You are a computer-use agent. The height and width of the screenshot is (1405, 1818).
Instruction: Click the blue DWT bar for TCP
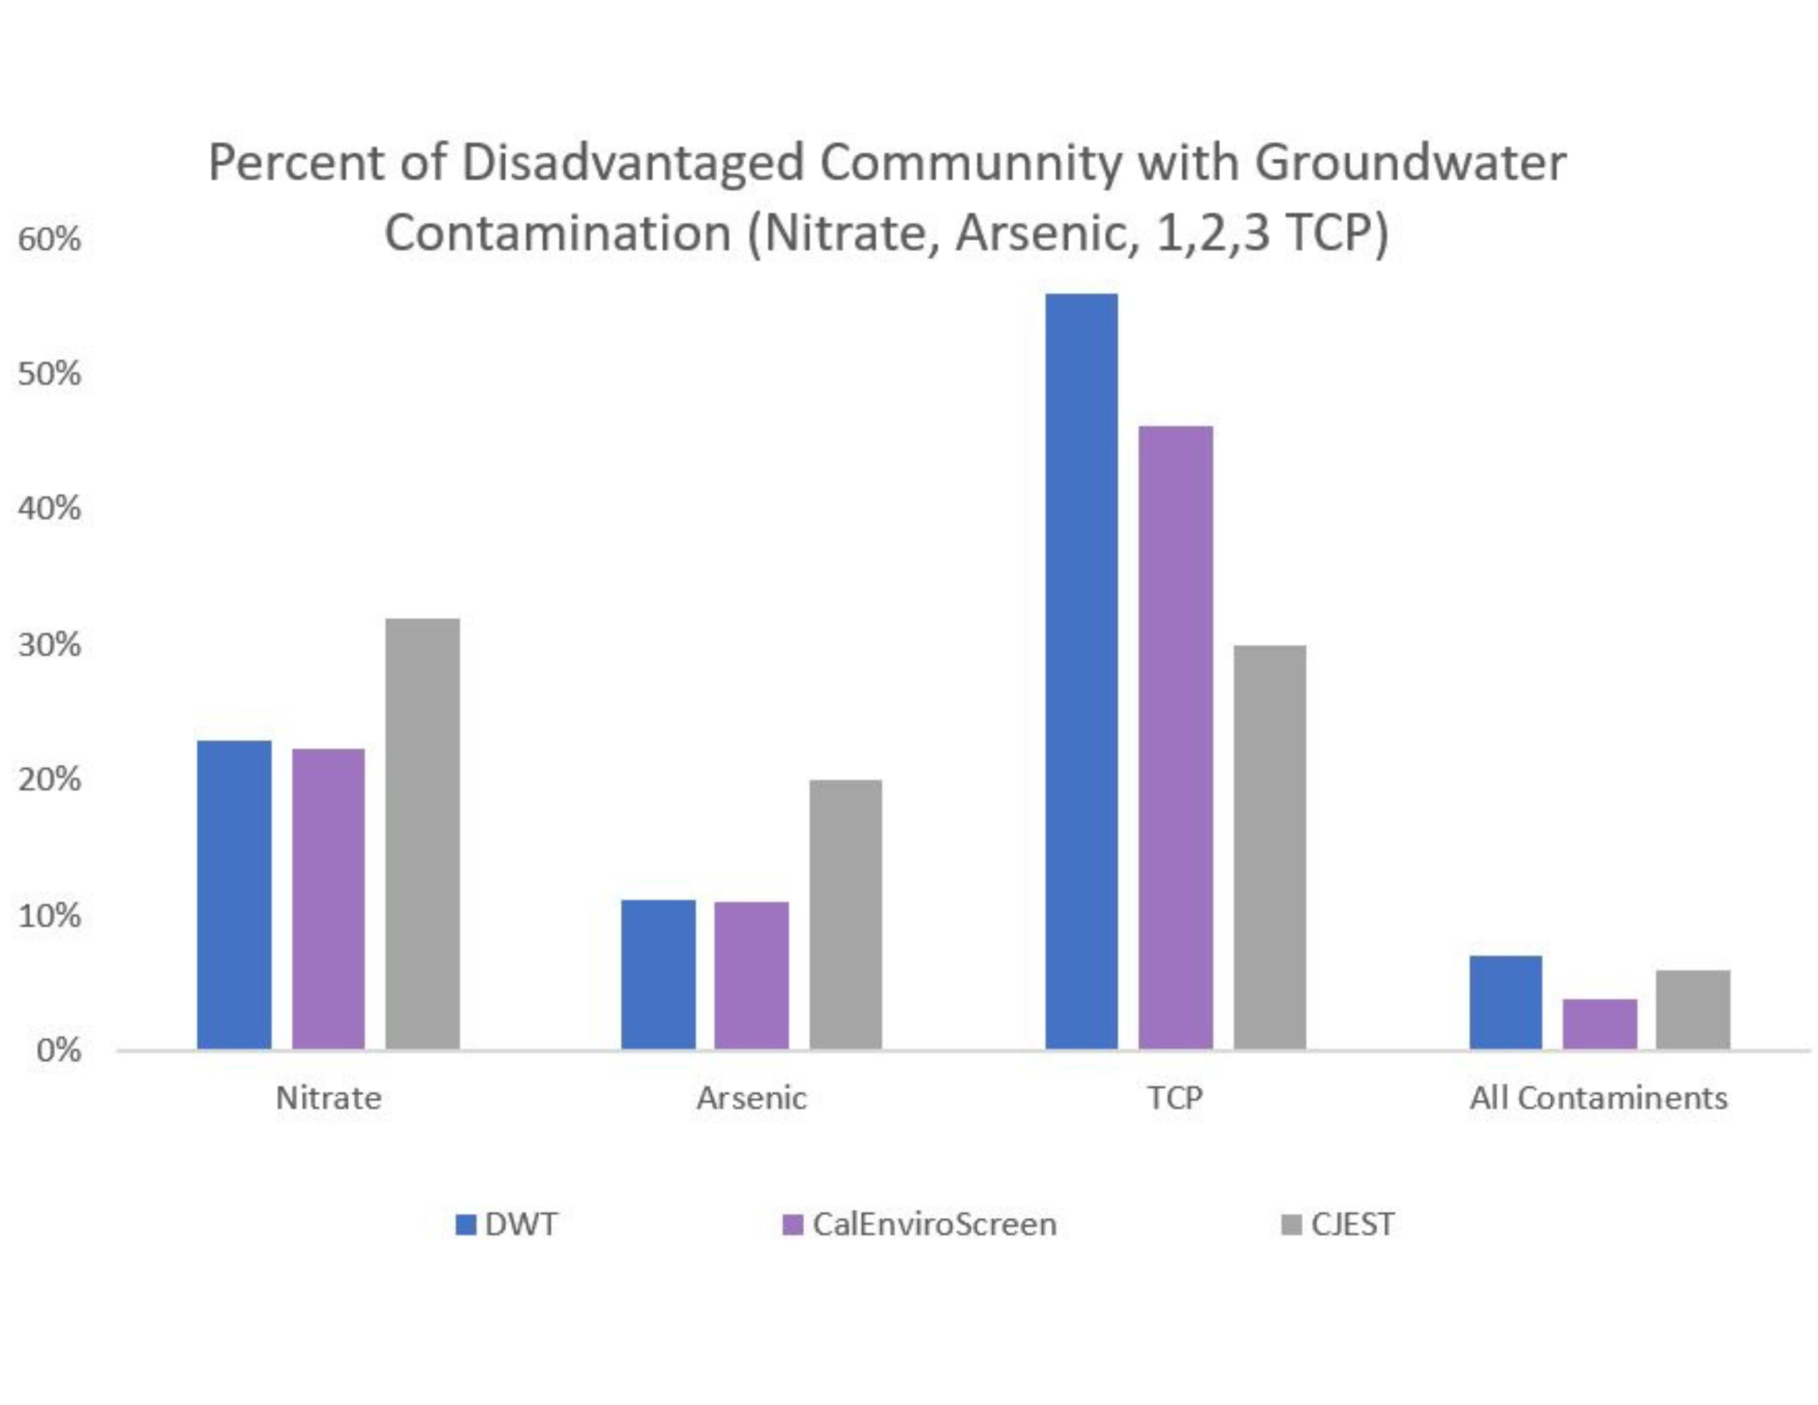[1081, 671]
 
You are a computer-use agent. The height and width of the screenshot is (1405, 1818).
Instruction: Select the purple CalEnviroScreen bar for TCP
[1176, 737]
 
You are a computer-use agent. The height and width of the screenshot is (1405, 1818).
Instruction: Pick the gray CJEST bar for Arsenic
[845, 914]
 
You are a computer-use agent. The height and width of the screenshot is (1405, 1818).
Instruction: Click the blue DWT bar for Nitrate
[234, 895]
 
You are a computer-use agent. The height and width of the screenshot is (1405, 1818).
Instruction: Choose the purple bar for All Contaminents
[1599, 1024]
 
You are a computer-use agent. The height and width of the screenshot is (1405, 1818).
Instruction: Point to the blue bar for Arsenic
[658, 974]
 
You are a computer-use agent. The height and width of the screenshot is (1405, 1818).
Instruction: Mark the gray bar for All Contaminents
[1692, 1009]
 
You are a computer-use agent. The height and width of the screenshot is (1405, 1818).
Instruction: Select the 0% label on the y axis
[58, 1050]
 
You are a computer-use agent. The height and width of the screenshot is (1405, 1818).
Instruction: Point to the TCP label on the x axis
[1175, 1099]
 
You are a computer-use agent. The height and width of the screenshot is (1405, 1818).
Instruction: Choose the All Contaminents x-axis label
[1598, 1099]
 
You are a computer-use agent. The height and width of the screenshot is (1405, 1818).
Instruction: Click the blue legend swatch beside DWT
[466, 1224]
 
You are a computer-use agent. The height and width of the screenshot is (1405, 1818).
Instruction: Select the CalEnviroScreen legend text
[934, 1224]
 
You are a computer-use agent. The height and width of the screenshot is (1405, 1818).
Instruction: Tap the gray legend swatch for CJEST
[1291, 1224]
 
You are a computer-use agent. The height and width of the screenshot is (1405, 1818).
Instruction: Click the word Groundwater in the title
[1409, 163]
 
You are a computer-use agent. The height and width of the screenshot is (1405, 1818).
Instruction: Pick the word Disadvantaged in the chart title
[632, 163]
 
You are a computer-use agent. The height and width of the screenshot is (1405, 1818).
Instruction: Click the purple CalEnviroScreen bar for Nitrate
[328, 899]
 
